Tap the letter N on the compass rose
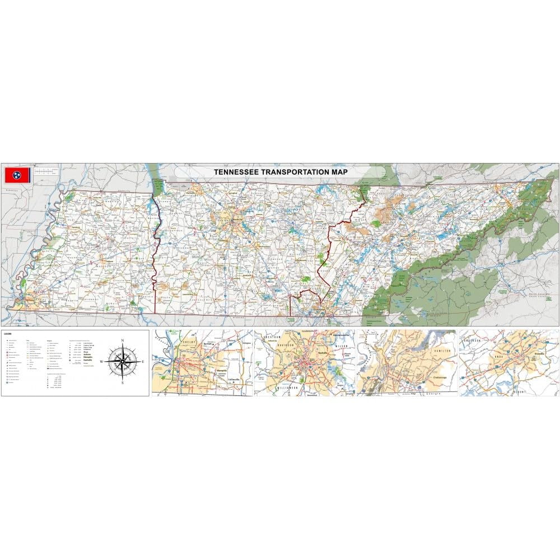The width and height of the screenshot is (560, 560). (123, 340)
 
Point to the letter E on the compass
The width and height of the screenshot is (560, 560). (143, 362)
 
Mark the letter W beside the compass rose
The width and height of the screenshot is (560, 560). (102, 362)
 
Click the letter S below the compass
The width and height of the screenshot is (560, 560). (123, 384)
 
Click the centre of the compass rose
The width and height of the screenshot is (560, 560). (123, 362)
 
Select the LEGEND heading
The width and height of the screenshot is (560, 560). (8, 334)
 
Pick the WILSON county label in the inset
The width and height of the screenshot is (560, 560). (341, 346)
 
